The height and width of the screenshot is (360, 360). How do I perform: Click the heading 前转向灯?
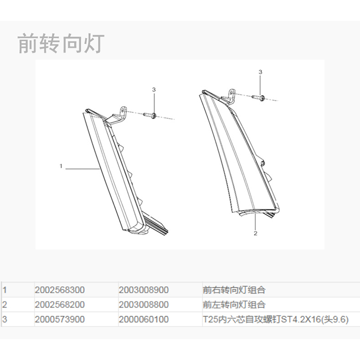click(x=61, y=44)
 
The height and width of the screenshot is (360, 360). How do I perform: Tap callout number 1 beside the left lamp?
click(x=61, y=166)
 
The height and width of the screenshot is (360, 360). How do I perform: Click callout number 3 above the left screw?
click(x=154, y=90)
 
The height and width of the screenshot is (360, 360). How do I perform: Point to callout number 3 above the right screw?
click(x=260, y=72)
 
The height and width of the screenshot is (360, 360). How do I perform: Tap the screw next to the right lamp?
click(x=259, y=97)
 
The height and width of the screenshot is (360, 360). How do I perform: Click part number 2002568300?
click(x=60, y=290)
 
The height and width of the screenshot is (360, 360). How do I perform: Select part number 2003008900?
click(x=144, y=290)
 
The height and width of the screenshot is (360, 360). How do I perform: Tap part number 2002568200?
click(x=60, y=304)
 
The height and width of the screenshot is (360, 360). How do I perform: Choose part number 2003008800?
click(x=144, y=304)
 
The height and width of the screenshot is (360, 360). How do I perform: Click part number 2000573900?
click(x=60, y=319)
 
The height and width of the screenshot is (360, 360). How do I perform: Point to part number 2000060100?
click(x=144, y=319)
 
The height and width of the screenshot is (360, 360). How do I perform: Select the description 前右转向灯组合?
click(x=234, y=290)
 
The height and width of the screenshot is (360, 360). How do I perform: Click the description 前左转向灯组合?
click(x=234, y=304)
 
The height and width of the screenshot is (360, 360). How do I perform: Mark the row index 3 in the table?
click(x=5, y=319)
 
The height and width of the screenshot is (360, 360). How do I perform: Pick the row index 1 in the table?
click(x=5, y=290)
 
